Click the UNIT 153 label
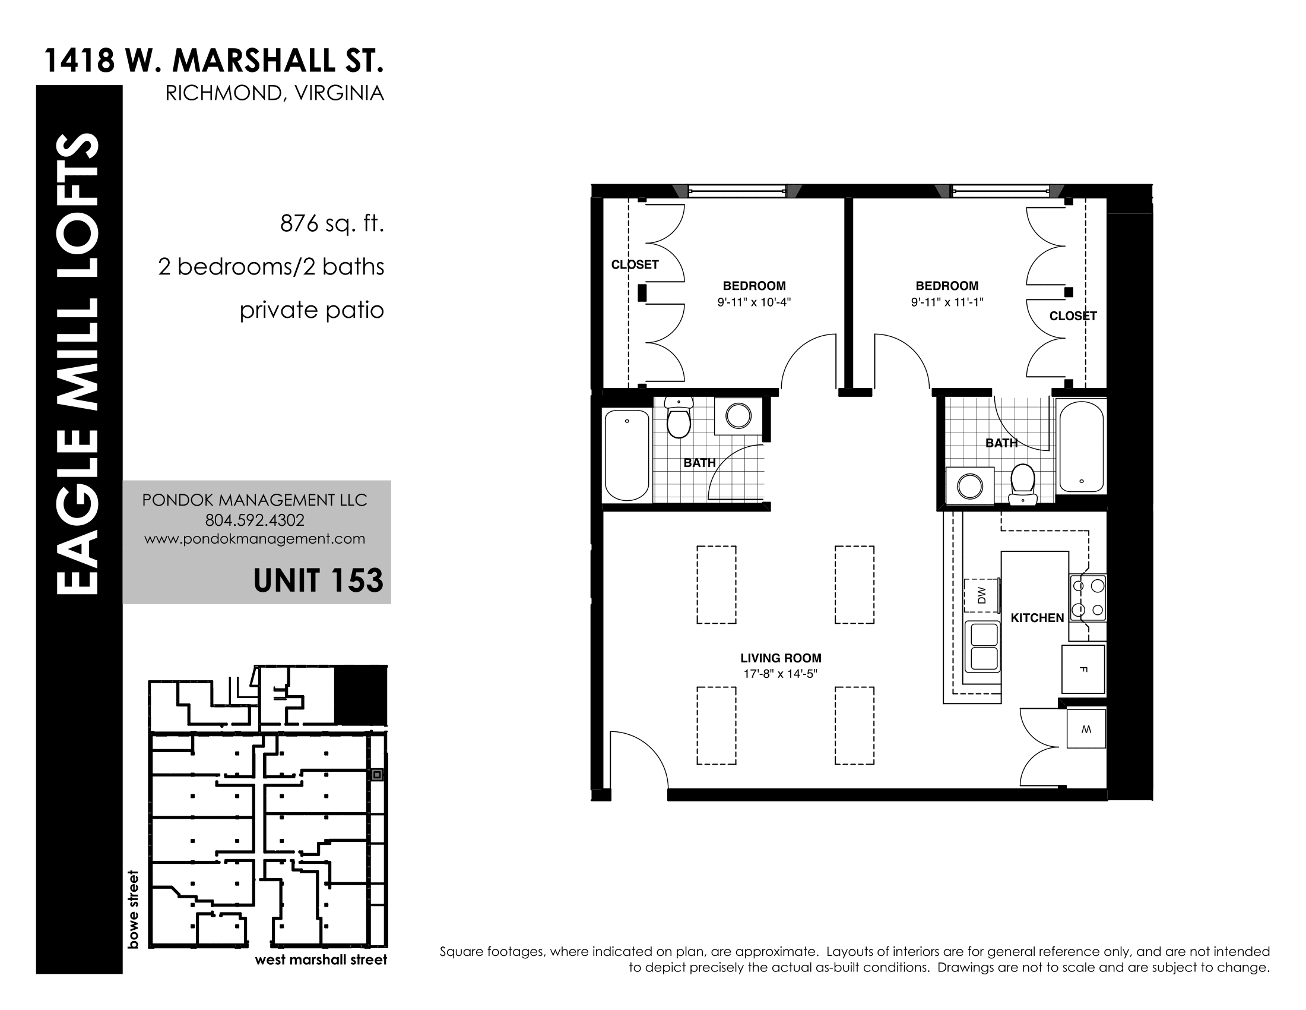pos(318,580)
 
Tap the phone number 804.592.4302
pos(255,520)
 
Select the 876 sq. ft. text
pos(332,224)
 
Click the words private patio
pos(312,311)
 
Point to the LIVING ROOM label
pos(781,658)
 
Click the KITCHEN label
pos(1038,618)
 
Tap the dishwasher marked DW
pos(981,595)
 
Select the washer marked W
pos(1086,729)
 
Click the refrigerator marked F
pos(1083,669)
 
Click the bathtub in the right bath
pos(1082,446)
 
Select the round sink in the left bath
pos(738,415)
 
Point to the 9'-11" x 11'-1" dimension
pos(947,303)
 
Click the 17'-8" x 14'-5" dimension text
pos(781,674)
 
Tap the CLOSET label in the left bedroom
pos(635,264)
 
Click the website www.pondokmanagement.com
pos(255,539)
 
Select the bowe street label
pos(133,910)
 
